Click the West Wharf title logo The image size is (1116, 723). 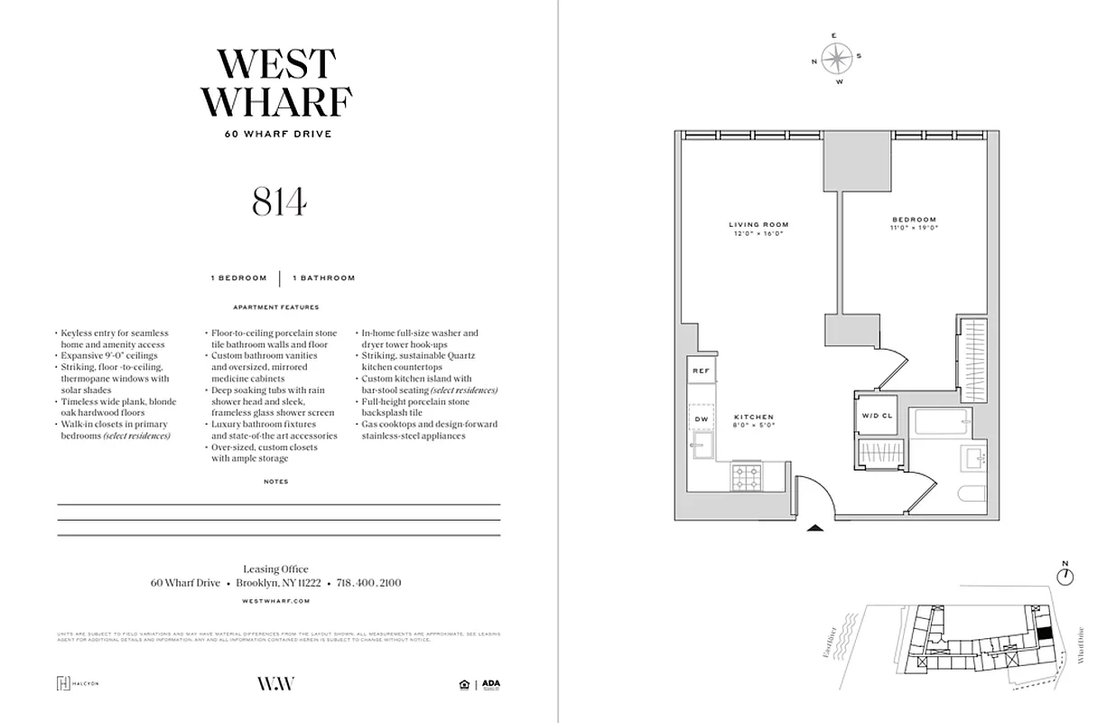point(276,83)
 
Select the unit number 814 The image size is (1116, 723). point(279,203)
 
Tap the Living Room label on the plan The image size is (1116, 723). point(758,223)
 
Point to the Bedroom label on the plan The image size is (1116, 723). point(914,220)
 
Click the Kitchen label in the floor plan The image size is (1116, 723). point(753,417)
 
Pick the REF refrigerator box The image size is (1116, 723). point(701,371)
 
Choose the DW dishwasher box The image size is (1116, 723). point(701,418)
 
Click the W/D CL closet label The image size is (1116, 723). point(876,417)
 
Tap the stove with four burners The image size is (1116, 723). point(746,475)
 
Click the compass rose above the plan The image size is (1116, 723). point(837,59)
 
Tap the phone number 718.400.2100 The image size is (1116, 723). point(368,583)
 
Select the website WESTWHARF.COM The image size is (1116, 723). point(276,600)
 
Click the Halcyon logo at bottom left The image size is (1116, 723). point(78,683)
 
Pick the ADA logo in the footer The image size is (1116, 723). point(490,684)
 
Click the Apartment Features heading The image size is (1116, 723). point(276,306)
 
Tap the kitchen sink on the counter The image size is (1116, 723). point(701,444)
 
